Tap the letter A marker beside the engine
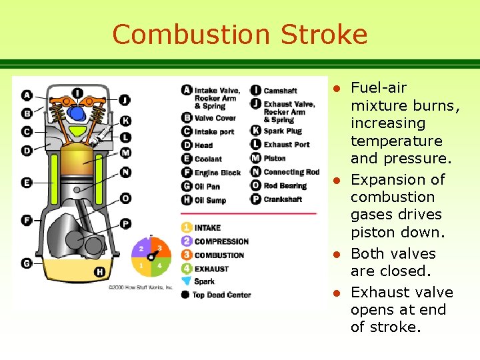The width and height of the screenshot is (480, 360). click(27, 95)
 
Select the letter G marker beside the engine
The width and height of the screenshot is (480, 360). click(27, 263)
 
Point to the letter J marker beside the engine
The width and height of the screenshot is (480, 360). click(125, 101)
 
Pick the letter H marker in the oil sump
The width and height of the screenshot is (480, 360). click(99, 271)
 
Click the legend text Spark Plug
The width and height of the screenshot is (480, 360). click(283, 131)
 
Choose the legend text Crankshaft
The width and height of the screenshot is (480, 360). click(283, 199)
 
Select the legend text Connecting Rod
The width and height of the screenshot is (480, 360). click(291, 172)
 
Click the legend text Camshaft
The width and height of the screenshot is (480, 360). click(280, 90)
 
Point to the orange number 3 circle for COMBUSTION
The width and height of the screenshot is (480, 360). click(187, 255)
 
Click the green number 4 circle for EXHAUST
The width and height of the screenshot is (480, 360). click(187, 269)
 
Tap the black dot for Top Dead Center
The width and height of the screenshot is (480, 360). click(186, 295)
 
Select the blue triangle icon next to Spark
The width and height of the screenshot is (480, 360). click(187, 281)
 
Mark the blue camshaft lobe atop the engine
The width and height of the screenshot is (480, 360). click(77, 113)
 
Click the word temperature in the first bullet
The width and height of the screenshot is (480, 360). click(396, 141)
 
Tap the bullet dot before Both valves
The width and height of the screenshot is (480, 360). click(338, 254)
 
